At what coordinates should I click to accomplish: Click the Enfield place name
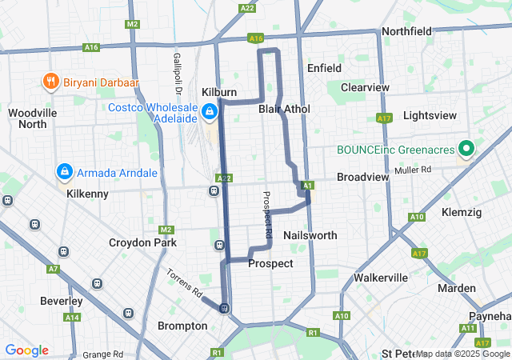324,69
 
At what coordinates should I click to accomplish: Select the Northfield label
406,31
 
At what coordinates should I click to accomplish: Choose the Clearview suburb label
364,87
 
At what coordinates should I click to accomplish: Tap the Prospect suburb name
270,263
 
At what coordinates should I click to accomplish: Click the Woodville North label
33,118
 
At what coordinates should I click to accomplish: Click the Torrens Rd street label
184,282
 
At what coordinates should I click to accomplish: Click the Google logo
26,350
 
